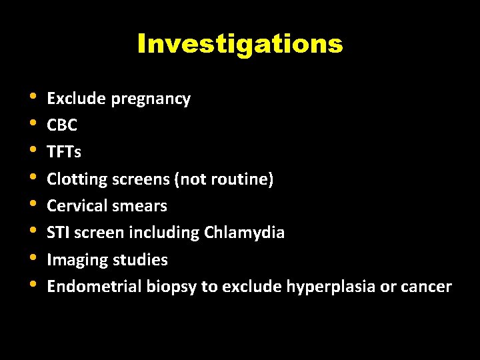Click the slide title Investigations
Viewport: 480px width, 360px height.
(240, 44)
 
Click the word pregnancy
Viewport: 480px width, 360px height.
(151, 99)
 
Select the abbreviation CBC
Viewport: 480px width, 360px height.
(62, 125)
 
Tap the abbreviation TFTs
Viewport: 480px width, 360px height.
(64, 152)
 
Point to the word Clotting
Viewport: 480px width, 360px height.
(75, 179)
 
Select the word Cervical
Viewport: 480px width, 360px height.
(75, 206)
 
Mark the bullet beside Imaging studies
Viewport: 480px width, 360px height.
(33, 258)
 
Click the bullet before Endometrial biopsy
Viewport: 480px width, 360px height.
(33, 285)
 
